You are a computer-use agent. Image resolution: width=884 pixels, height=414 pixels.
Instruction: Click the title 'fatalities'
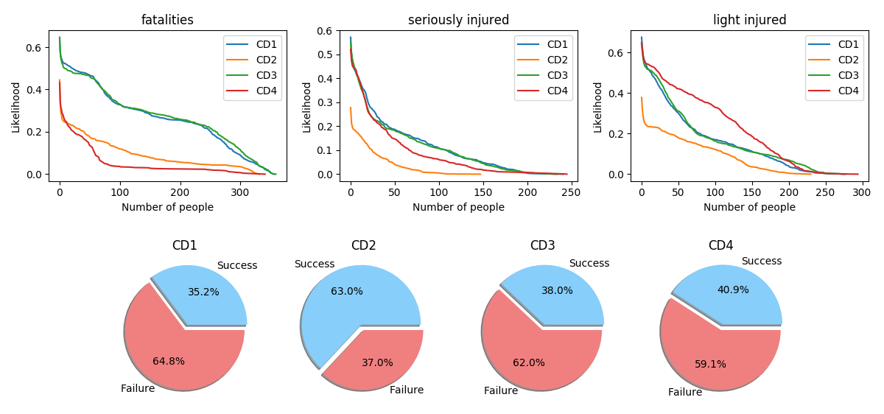pos(167,21)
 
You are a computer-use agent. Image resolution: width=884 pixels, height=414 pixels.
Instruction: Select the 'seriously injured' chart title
pos(458,21)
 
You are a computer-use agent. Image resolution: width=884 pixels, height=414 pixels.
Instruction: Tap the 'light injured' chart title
pos(749,21)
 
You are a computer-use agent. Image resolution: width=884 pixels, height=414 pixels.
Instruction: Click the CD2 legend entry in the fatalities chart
pos(266,60)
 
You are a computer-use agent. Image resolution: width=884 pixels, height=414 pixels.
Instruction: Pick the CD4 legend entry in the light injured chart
pos(847,91)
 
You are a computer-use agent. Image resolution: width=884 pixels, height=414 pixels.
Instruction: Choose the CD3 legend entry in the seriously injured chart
pos(557,75)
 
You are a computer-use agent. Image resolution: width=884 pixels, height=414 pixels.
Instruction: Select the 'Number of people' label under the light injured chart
pos(749,208)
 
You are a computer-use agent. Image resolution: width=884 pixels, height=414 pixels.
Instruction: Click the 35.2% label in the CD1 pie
pos(203,292)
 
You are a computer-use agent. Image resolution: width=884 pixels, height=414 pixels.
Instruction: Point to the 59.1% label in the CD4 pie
pos(710,364)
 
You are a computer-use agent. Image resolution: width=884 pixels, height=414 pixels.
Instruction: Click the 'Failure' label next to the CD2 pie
pos(407,390)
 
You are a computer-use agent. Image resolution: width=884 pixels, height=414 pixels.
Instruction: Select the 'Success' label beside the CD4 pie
pos(761,261)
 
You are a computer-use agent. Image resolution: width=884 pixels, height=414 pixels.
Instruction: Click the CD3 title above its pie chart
pos(542,245)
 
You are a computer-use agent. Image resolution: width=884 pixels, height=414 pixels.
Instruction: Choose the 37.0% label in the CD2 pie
pos(377,362)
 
